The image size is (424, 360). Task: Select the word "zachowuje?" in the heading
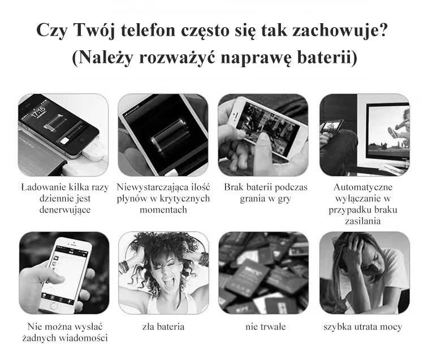point(340,30)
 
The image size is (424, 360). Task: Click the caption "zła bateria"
point(163,327)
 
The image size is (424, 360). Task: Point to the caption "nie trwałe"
point(265,327)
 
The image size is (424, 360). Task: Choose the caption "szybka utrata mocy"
point(362,327)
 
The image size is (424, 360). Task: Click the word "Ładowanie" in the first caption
point(43,187)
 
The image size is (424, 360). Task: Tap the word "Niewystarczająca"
point(150,187)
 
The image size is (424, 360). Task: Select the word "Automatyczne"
point(362,187)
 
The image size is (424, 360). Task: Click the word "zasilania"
point(362,221)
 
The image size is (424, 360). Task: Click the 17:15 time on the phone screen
point(38,111)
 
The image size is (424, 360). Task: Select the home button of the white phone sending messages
point(54,306)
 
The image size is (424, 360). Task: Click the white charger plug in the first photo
point(94,152)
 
